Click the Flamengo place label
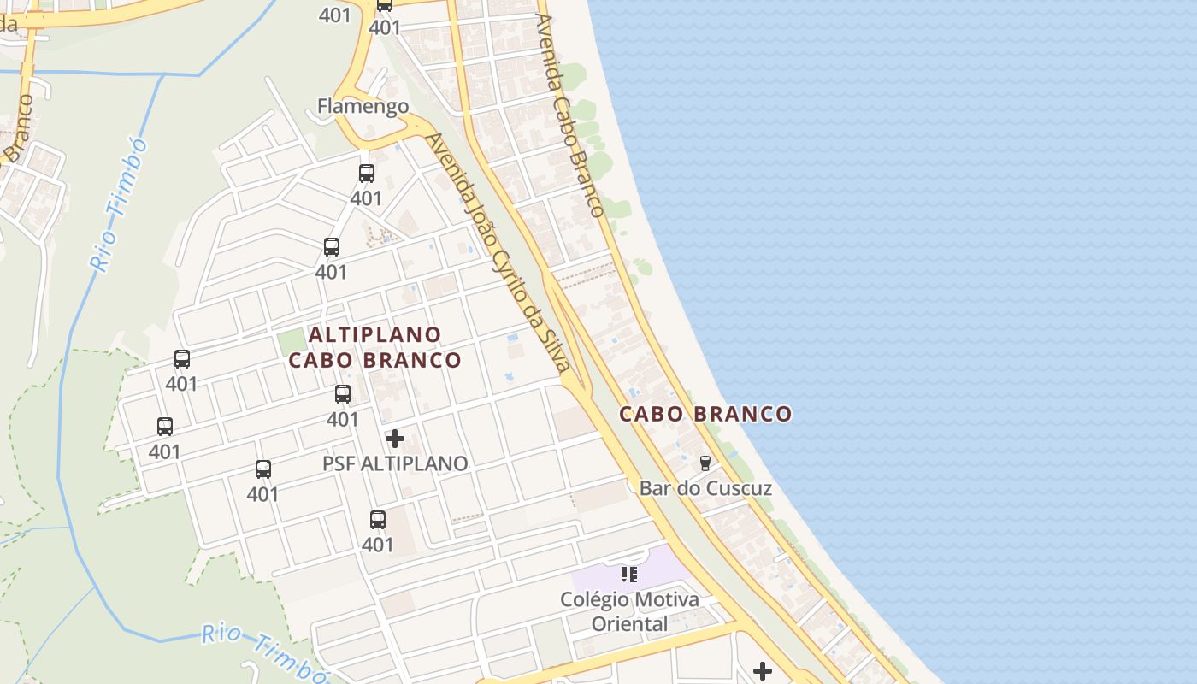(x=363, y=106)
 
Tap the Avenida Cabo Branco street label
(x=569, y=115)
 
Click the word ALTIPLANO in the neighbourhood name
(x=375, y=334)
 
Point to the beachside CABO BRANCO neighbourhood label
(x=705, y=415)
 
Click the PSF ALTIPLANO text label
(x=395, y=463)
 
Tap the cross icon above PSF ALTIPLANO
(x=395, y=439)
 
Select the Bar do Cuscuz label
(x=705, y=488)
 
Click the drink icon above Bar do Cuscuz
(x=705, y=463)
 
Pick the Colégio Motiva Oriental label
(x=629, y=611)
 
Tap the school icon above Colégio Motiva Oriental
(x=629, y=575)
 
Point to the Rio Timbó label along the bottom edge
(x=265, y=653)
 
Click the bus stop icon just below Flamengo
(x=367, y=174)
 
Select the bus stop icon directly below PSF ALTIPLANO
(x=377, y=520)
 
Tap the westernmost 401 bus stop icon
(x=165, y=426)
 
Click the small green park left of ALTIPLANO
(x=292, y=342)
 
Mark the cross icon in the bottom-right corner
(x=762, y=671)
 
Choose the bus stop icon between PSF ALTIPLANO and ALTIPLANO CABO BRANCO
(x=343, y=394)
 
